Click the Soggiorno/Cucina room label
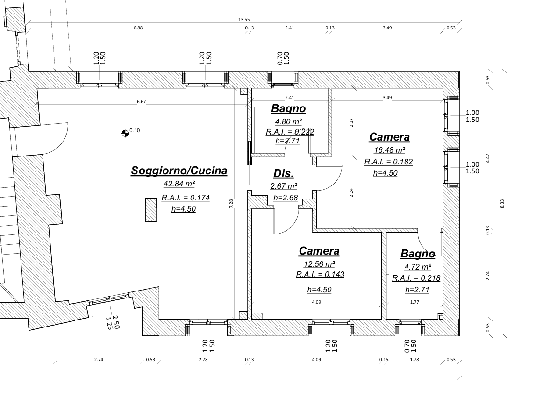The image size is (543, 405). pyautogui.click(x=179, y=171)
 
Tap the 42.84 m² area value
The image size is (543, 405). pyautogui.click(x=179, y=184)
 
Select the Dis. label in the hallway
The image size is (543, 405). pyautogui.click(x=284, y=173)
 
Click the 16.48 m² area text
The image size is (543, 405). pyautogui.click(x=389, y=150)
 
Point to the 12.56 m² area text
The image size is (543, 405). pyautogui.click(x=319, y=264)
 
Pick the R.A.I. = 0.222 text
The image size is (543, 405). pyautogui.click(x=290, y=132)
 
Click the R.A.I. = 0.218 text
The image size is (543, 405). pyautogui.click(x=416, y=278)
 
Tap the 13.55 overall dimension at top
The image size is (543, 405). pyautogui.click(x=244, y=20)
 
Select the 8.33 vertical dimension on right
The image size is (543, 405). pyautogui.click(x=502, y=203)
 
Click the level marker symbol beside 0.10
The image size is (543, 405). pyautogui.click(x=125, y=133)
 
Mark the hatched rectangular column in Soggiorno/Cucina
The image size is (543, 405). pyautogui.click(x=150, y=210)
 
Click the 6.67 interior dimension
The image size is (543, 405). pyautogui.click(x=141, y=102)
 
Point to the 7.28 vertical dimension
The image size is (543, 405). pyautogui.click(x=231, y=203)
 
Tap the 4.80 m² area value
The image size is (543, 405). pyautogui.click(x=288, y=121)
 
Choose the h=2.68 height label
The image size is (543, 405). pyautogui.click(x=286, y=198)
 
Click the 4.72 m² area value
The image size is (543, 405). pyautogui.click(x=418, y=267)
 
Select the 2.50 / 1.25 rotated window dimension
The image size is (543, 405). pyautogui.click(x=112, y=322)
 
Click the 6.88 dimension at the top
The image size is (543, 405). pyautogui.click(x=138, y=28)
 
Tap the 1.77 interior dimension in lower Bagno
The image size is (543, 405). pyautogui.click(x=414, y=302)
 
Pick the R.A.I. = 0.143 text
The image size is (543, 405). pyautogui.click(x=320, y=275)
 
